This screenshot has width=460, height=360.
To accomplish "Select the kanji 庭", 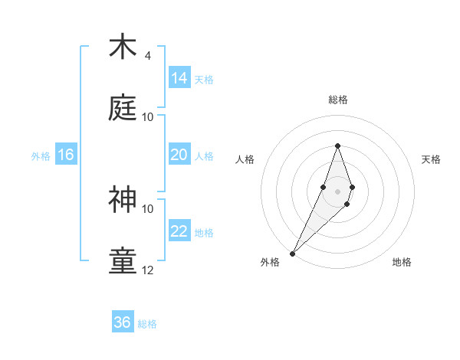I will (123, 108).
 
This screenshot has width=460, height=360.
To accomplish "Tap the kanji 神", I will (123, 200).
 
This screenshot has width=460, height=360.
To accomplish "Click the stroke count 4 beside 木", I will (147, 56).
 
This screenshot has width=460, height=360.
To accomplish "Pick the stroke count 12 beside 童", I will (147, 270).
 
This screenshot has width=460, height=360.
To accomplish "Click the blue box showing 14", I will (179, 78).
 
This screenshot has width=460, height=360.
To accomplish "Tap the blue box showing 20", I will (179, 155).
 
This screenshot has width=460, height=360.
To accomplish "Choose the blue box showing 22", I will (179, 231).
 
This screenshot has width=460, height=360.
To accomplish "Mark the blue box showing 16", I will (66, 155).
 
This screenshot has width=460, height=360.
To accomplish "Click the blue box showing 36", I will (123, 322).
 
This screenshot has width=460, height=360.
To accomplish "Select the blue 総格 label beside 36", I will (147, 324).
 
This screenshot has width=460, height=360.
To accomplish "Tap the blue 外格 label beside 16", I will (41, 156).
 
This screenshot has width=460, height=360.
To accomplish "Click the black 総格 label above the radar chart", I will (338, 100).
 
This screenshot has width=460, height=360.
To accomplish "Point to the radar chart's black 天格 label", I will (432, 159).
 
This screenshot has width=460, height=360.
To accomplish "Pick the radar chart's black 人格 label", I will (245, 159).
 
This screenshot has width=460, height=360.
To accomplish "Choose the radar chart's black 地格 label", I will (402, 262).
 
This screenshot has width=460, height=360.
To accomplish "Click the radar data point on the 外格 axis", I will (293, 253).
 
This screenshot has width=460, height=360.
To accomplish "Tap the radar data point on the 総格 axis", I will (337, 146).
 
